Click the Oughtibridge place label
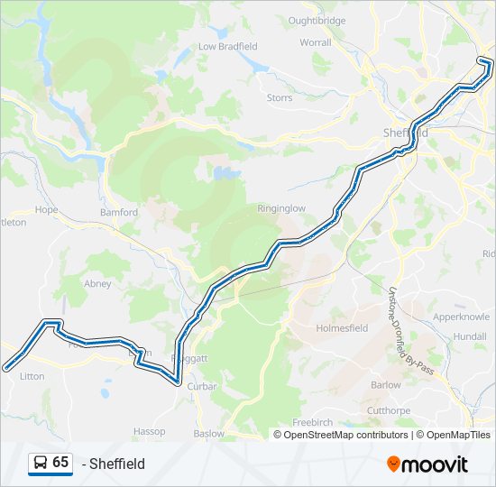click(x=317, y=20)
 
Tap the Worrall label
click(x=316, y=41)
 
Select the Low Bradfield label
click(x=227, y=46)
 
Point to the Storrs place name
click(x=280, y=97)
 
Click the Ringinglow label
click(x=281, y=208)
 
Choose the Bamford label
click(x=119, y=213)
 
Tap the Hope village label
click(x=46, y=209)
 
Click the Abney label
click(x=97, y=283)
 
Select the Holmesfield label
click(x=342, y=328)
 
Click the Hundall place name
click(x=470, y=335)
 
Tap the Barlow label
click(x=386, y=384)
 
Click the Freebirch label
click(x=312, y=423)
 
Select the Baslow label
click(x=209, y=434)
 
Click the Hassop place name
click(x=150, y=431)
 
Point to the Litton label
click(x=32, y=376)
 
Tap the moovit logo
click(x=427, y=464)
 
